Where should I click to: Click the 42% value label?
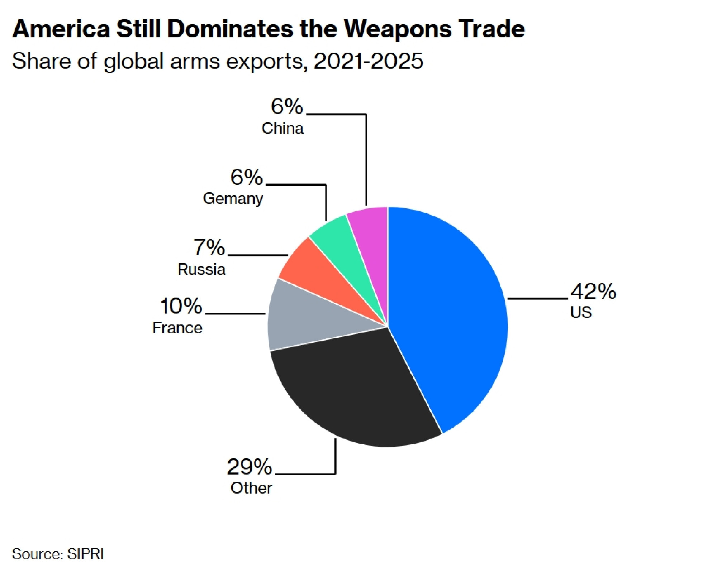coord(593,292)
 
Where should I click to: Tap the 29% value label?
coord(250,467)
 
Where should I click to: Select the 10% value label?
coord(181,307)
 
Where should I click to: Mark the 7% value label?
coord(209,247)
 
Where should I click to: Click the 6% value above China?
coord(287,107)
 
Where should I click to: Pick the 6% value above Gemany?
coord(247,177)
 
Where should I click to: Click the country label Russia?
coord(201,270)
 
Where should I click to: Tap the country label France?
coord(177,328)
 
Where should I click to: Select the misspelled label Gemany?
coord(233,199)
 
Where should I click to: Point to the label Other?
coord(251,488)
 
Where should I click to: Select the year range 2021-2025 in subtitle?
coord(368,61)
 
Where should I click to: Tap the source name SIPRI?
coord(85,554)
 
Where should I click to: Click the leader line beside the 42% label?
coord(537,298)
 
